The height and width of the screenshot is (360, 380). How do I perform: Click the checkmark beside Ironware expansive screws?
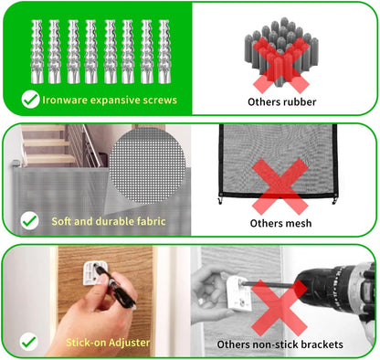[30, 100]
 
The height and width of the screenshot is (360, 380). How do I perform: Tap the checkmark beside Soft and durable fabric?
[29, 220]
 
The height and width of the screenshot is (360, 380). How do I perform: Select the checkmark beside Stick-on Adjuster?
[29, 342]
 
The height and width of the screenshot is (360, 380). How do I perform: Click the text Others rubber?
[282, 101]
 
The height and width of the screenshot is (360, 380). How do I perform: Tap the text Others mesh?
[280, 223]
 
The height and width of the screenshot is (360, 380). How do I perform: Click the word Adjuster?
[129, 343]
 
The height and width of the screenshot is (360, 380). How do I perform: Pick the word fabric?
[152, 221]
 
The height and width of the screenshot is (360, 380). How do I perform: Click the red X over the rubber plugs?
[281, 65]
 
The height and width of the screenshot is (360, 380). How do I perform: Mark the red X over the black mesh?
[280, 186]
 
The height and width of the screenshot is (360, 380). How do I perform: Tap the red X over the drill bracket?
[279, 308]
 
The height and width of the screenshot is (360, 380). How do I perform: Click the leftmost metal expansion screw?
[37, 51]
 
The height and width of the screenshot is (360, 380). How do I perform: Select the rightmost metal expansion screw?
[164, 51]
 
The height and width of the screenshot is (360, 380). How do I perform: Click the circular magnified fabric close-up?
[147, 165]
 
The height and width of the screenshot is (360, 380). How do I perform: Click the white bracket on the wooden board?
[92, 273]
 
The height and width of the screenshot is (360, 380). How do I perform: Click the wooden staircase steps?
[48, 143]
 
